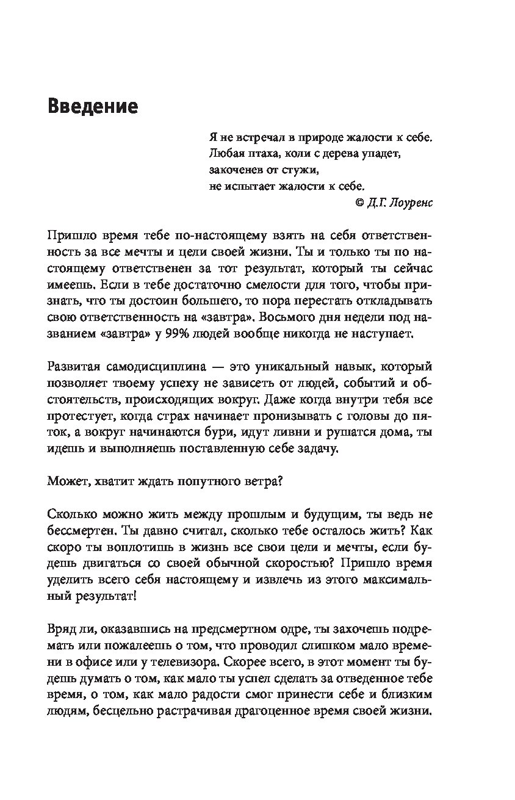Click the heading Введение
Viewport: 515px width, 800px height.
(x=92, y=107)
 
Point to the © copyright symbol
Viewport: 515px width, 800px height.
(x=359, y=203)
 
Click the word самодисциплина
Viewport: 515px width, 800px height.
(x=144, y=366)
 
